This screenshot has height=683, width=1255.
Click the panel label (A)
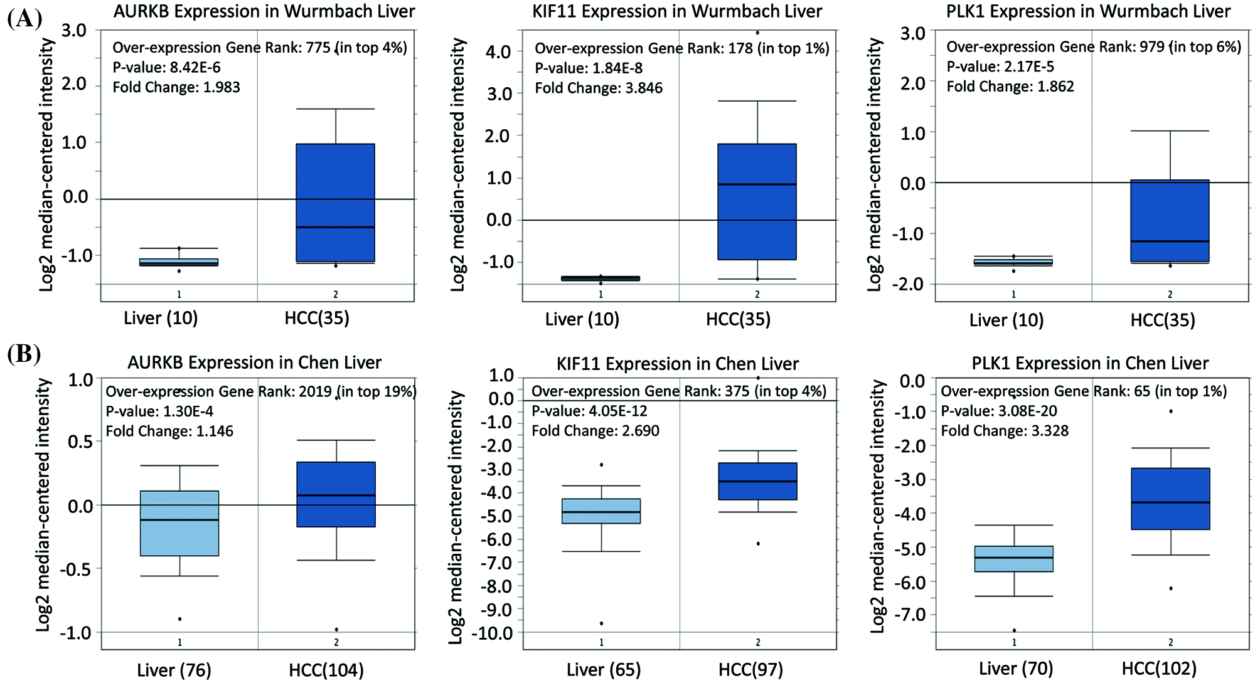[24, 18]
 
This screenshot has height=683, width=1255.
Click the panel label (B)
[24, 354]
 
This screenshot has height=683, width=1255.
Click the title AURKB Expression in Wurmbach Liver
[264, 11]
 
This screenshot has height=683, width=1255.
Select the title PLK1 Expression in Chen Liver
[1090, 363]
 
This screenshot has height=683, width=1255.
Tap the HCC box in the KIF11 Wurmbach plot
[757, 201]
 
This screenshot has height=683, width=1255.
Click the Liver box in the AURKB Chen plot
[179, 523]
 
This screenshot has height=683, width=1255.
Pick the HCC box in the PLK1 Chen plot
[1170, 499]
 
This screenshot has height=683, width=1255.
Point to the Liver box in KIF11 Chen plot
[601, 511]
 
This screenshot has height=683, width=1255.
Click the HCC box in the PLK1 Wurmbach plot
[1170, 221]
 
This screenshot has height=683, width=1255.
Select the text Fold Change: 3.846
[599, 88]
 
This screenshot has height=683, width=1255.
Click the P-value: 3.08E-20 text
[999, 411]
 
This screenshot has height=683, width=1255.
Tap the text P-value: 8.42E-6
[166, 67]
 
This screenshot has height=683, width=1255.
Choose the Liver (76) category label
[174, 670]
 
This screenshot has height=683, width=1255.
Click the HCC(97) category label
[750, 670]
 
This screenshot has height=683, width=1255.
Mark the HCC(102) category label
[1159, 669]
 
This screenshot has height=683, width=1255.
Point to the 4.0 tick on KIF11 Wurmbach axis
[498, 51]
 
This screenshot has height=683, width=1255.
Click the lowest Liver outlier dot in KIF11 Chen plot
[601, 623]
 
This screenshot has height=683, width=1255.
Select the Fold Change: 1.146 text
[169, 431]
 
